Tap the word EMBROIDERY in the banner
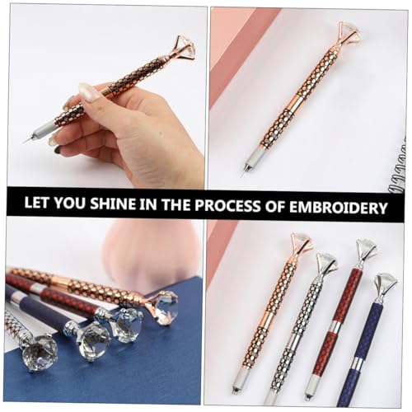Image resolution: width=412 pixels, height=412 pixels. click(339, 208)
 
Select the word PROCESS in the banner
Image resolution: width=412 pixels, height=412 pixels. click(227, 206)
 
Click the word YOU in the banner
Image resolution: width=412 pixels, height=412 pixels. click(70, 204)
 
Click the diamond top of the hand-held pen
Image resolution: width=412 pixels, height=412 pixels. click(185, 46)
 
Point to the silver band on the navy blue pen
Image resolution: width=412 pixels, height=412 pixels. click(357, 363)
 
